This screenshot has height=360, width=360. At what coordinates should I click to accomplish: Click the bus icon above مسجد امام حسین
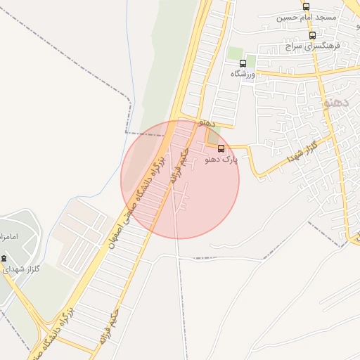(x=306, y=6)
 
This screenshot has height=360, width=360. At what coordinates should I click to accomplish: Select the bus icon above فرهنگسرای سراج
(x=312, y=35)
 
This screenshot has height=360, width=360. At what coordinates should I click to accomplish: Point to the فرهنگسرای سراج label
(x=313, y=46)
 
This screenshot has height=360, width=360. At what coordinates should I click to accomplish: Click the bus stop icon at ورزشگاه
(x=243, y=63)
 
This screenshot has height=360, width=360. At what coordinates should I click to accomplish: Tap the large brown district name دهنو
(x=335, y=103)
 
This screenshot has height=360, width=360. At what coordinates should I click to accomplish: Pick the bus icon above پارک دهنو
(x=221, y=148)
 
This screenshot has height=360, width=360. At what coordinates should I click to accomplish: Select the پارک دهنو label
(x=221, y=160)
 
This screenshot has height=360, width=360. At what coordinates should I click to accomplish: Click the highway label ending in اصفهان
(x=134, y=205)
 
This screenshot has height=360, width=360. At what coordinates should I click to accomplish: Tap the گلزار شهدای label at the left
(x=21, y=269)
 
